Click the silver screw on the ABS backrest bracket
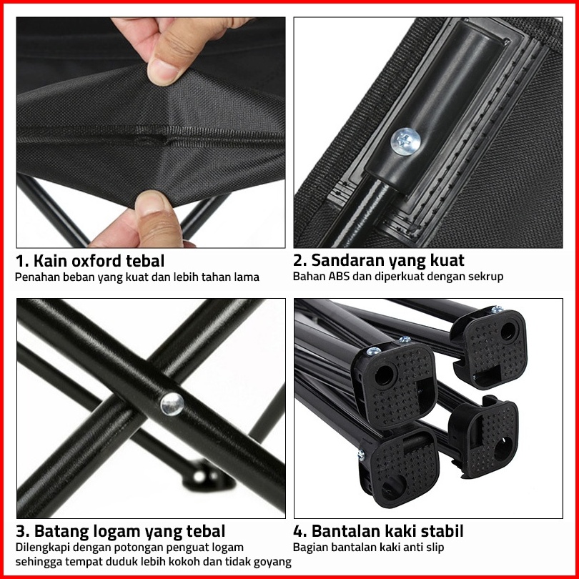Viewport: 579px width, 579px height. tap(405, 142)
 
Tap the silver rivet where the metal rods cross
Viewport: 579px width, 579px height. tap(172, 404)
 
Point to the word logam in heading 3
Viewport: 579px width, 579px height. tap(117, 532)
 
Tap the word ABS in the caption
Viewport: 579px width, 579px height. tap(339, 276)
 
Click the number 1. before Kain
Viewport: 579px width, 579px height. tap(21, 261)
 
